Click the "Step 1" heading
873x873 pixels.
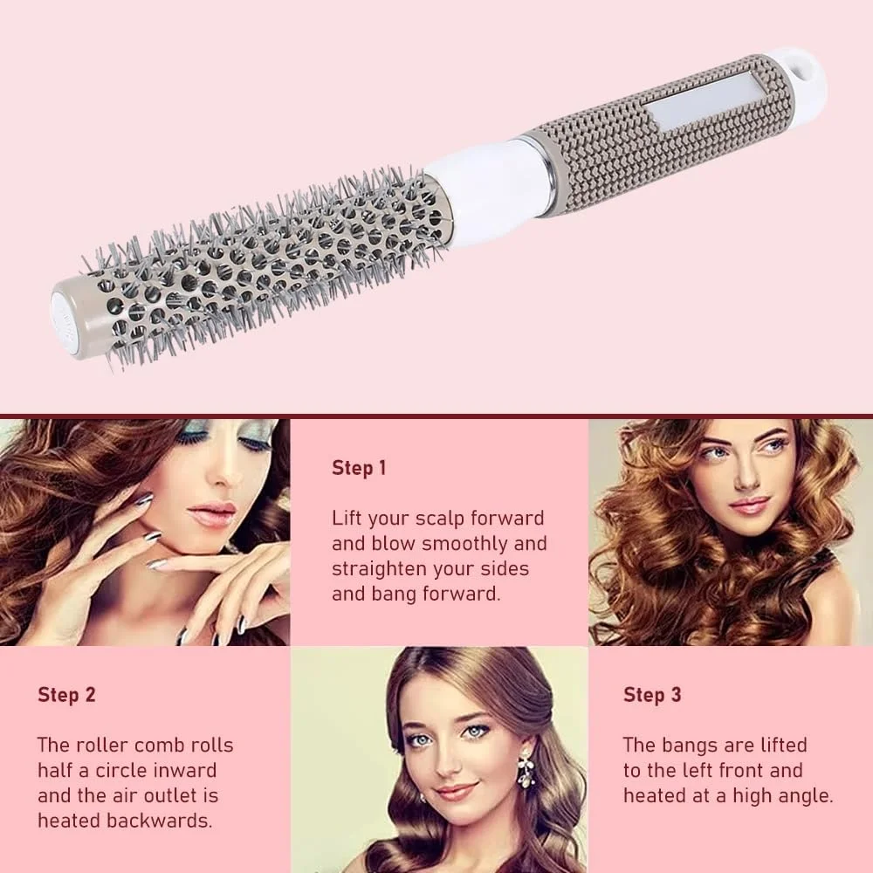point(359,468)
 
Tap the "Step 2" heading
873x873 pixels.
point(66,695)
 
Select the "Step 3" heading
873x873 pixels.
point(652,695)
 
